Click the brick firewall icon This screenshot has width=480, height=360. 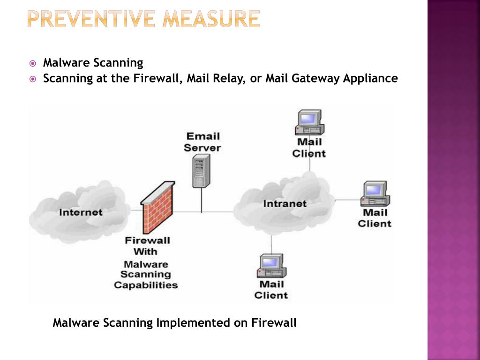(157, 207)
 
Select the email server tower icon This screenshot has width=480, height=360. (201, 171)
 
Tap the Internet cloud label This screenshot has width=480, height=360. (81, 212)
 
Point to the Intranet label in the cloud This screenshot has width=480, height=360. (285, 204)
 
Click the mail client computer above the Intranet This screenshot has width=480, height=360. (309, 122)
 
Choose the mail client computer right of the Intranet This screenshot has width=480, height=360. (375, 194)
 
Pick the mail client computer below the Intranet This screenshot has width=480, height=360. (271, 266)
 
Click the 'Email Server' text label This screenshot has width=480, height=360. (202, 142)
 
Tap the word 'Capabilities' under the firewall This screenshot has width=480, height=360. (146, 285)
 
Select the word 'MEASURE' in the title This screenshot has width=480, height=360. (211, 19)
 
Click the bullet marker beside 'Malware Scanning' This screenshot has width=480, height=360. (32, 64)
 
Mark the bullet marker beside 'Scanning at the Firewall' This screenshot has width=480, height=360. (32, 79)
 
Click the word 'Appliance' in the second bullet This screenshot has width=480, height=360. (370, 79)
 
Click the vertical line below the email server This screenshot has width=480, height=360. (202, 200)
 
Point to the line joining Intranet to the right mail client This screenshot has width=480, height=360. (348, 200)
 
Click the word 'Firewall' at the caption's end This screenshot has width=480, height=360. (274, 322)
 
